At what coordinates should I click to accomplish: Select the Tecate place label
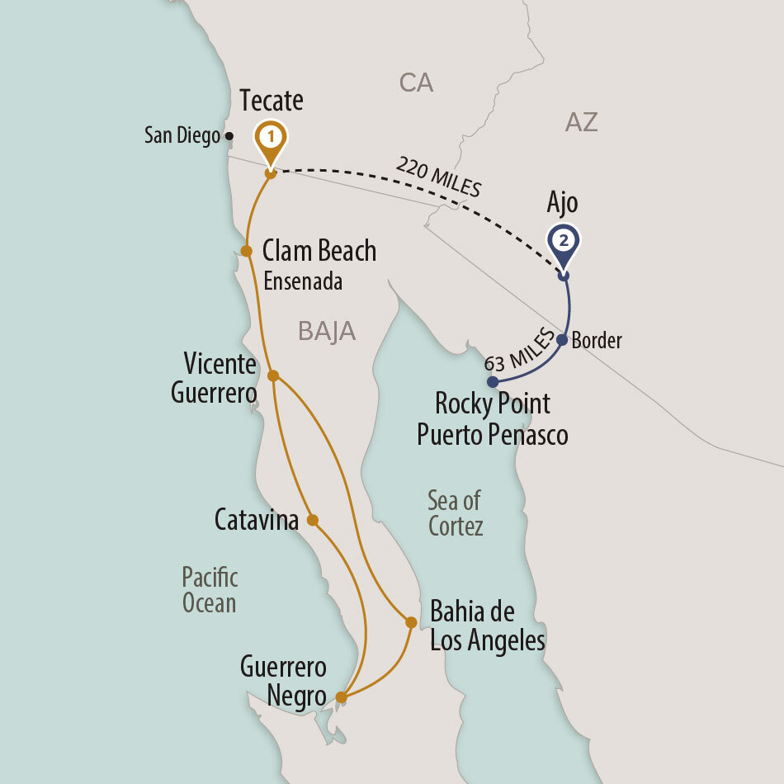272,101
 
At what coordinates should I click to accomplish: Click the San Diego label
182,135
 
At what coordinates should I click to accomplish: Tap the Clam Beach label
319,251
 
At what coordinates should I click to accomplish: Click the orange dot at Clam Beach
246,251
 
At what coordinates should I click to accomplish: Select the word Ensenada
303,281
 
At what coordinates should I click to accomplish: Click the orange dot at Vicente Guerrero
273,375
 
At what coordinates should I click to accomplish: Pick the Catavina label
256,520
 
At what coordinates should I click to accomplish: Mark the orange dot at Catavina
312,520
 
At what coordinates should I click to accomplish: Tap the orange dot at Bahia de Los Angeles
410,621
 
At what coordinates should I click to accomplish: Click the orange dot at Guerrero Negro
341,698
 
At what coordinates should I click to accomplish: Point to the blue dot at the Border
562,339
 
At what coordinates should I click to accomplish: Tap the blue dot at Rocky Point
492,382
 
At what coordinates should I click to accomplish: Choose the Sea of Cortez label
455,512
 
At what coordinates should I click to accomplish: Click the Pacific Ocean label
210,589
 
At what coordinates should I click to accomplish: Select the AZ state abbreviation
581,123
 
